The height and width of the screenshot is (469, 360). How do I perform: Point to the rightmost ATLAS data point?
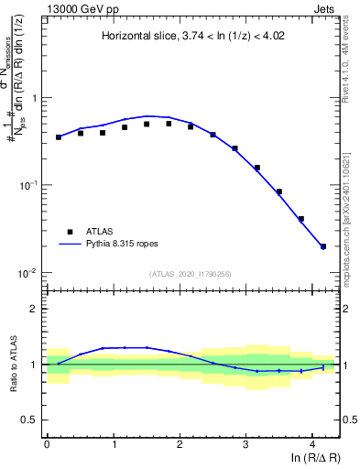coord(323,246)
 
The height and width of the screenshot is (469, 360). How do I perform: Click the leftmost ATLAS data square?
coord(59,137)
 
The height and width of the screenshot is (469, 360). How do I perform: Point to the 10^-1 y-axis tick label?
coord(29,185)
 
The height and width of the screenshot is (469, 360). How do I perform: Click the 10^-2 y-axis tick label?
coord(29,273)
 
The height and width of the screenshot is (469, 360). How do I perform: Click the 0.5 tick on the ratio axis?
coord(32,420)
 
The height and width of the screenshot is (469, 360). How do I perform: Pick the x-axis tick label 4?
coord(313,443)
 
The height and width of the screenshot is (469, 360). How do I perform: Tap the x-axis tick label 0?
coord(47,443)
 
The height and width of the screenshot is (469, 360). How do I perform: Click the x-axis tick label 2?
coord(180,443)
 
